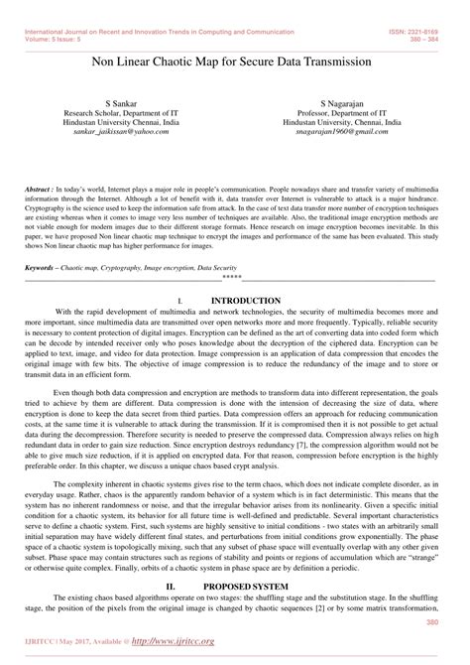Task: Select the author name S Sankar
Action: click(124, 102)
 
